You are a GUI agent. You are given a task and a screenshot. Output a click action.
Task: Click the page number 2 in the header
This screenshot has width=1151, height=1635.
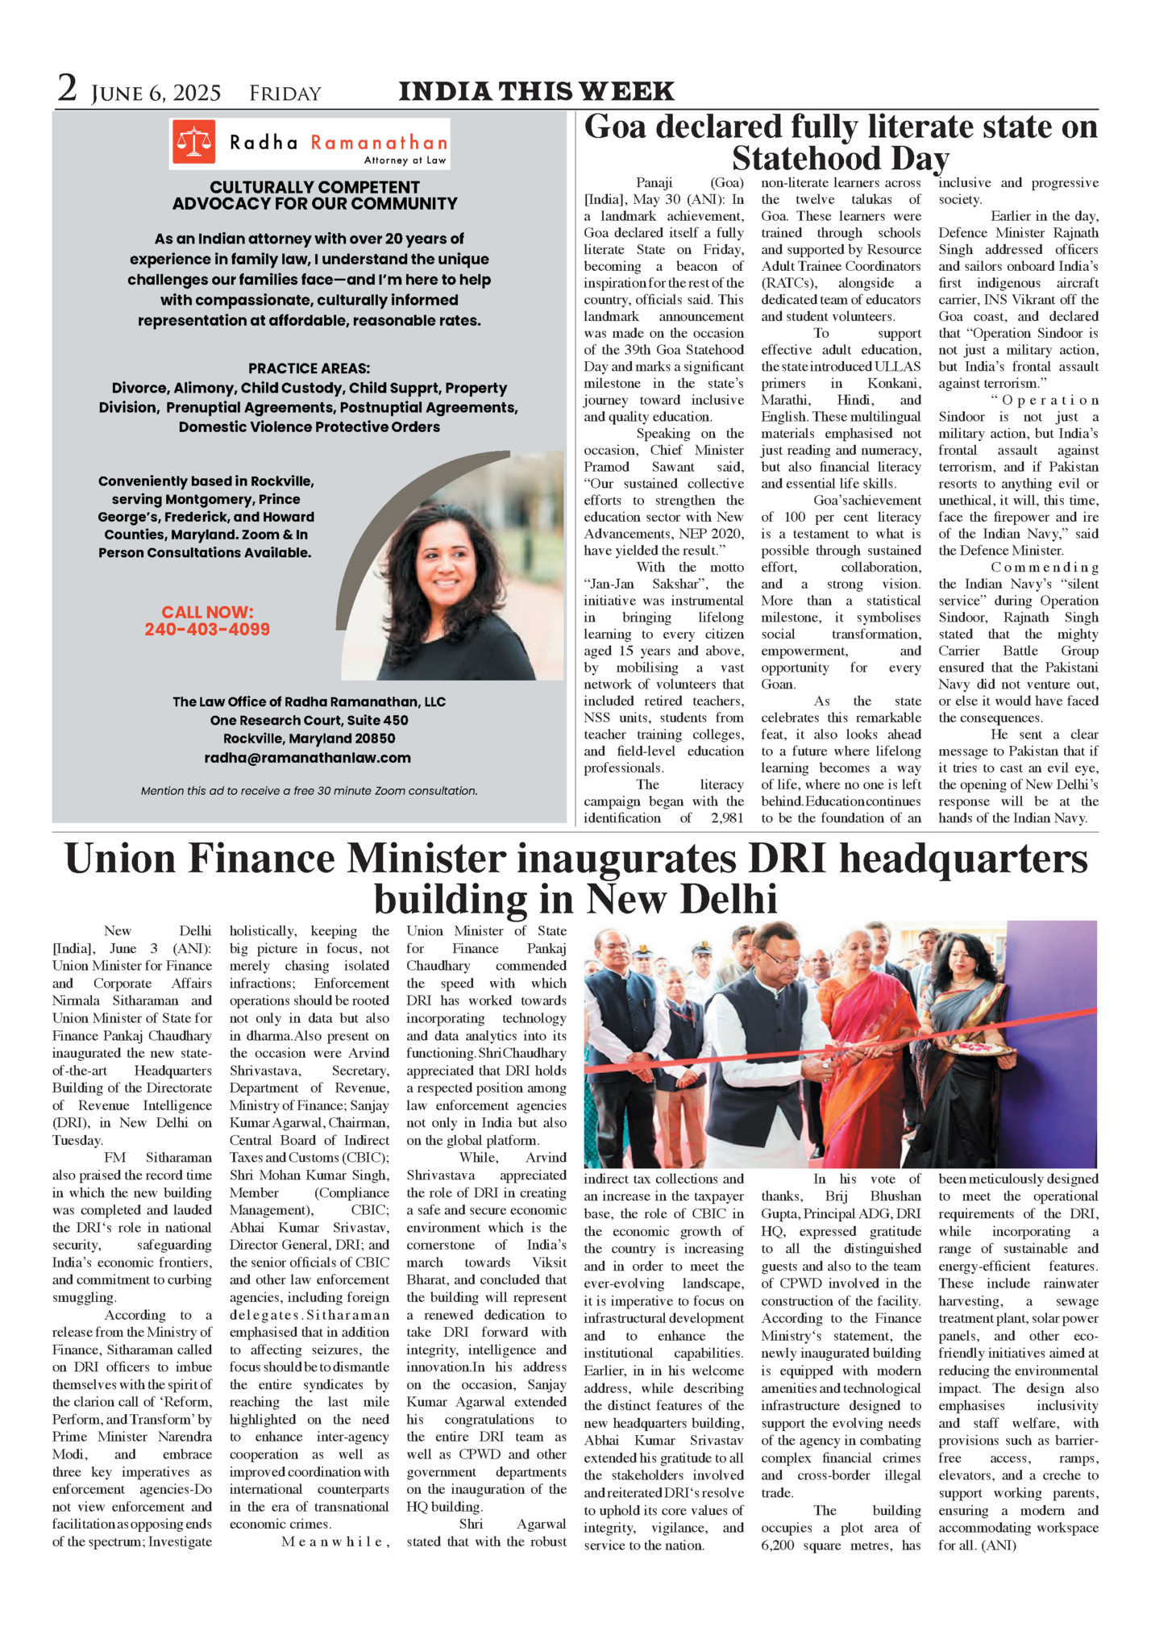pos(67,89)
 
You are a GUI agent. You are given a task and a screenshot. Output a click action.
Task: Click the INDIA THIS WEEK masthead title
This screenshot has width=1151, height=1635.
pos(536,91)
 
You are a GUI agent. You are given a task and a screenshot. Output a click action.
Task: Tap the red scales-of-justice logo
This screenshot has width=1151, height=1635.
pos(193,142)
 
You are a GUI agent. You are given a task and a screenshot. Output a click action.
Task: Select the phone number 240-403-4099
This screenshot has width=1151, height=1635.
pos(207,630)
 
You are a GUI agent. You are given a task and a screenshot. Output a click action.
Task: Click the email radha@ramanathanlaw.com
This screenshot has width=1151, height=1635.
pos(307,758)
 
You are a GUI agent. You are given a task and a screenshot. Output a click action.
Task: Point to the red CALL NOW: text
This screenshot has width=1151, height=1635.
pos(207,612)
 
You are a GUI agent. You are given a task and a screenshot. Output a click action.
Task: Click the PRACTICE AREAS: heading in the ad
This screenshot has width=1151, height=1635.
pos(309,368)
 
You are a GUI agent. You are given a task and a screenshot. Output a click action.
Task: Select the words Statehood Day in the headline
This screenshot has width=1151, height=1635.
pos(840,158)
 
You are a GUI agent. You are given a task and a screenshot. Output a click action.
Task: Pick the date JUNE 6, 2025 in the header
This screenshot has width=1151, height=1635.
pos(156,94)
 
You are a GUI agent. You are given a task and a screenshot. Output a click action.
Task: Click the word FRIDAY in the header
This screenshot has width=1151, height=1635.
pos(285,94)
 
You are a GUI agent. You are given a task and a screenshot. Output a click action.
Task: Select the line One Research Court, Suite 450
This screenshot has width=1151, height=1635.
pos(309,721)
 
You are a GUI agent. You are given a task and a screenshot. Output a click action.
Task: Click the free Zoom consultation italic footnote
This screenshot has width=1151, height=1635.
pos(309,791)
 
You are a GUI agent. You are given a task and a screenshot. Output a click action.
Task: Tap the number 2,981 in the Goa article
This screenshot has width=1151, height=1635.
pos(727,818)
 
